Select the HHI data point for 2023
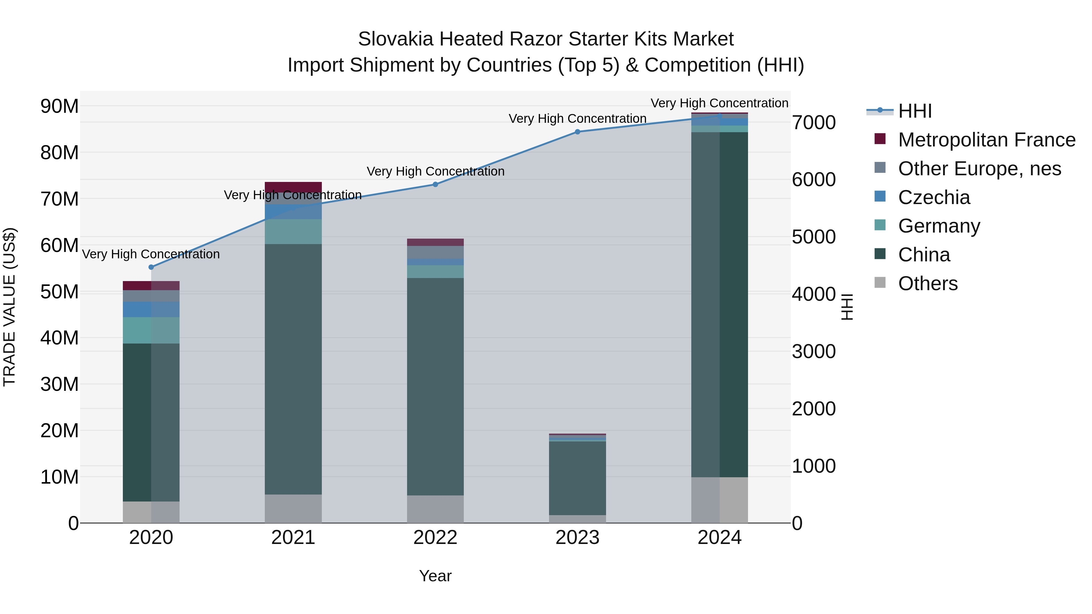(x=577, y=132)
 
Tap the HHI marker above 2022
(x=435, y=184)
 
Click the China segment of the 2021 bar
(x=293, y=369)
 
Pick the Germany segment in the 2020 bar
(x=151, y=330)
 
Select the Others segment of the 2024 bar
(x=720, y=500)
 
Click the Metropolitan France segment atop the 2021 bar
(x=293, y=186)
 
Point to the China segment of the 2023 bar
(x=577, y=478)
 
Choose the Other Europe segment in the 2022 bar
(x=435, y=253)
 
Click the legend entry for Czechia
(x=934, y=197)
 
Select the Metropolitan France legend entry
(x=986, y=140)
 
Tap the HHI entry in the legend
(x=915, y=111)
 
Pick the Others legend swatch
(x=880, y=283)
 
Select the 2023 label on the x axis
(x=577, y=538)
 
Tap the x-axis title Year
(x=435, y=576)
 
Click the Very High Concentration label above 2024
(x=720, y=103)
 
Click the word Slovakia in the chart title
(x=396, y=39)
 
